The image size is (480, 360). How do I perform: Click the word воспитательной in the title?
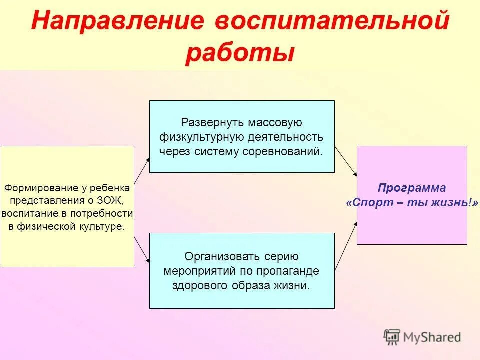[332, 22]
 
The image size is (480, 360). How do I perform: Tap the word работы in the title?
[239, 53]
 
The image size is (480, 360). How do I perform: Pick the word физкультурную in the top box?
[201, 137]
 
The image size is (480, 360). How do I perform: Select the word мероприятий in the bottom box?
[192, 271]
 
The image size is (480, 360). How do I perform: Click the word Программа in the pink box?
[412, 188]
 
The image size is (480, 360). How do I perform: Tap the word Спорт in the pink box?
[368, 202]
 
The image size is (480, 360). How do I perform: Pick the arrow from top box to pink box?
[346, 161]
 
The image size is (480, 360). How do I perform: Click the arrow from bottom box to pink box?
[346, 247]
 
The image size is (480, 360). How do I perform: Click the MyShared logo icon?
[392, 337]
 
